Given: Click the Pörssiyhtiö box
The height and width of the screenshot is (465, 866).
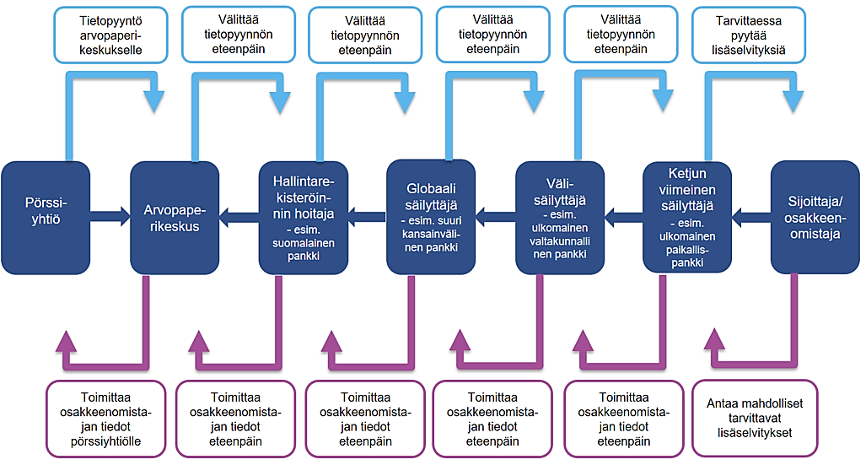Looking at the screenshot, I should (46, 216).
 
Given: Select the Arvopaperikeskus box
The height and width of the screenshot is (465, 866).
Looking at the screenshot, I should (175, 216).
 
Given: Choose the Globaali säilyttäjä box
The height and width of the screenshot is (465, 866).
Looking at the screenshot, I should (432, 216).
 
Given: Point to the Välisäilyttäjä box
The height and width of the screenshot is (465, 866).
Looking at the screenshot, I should (560, 216).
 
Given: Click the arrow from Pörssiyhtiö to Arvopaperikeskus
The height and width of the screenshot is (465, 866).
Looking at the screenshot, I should (110, 217).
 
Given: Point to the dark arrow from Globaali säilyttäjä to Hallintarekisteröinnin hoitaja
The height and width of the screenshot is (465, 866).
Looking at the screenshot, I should (366, 217).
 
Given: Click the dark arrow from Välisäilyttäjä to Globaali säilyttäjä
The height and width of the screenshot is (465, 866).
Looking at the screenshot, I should (495, 217).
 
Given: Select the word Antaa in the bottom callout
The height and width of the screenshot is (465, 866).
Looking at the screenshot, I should (721, 403).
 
